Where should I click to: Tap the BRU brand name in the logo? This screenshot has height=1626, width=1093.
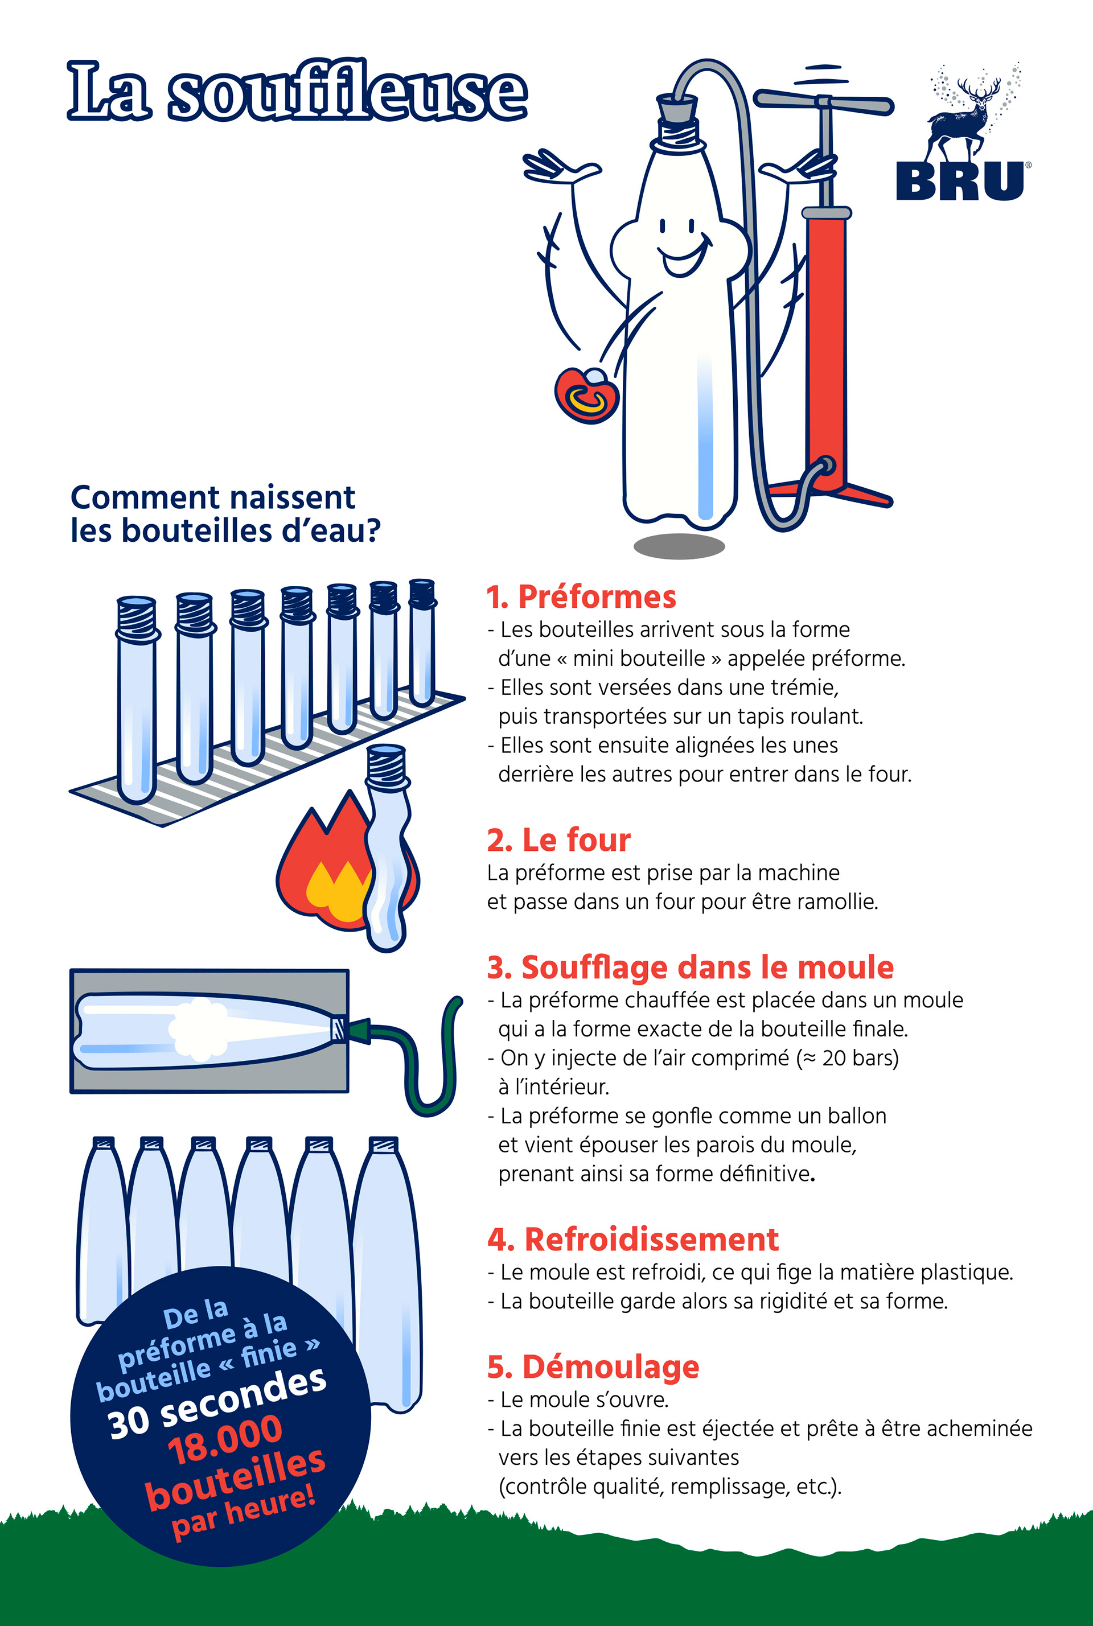click(x=960, y=181)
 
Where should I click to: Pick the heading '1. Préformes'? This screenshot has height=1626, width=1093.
click(x=581, y=597)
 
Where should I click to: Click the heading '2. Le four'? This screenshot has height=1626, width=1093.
click(x=558, y=841)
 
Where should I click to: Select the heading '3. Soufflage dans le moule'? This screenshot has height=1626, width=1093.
click(x=690, y=968)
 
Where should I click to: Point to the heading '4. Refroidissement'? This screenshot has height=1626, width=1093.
click(x=633, y=1240)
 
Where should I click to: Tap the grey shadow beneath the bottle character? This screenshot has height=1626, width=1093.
click(x=679, y=546)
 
